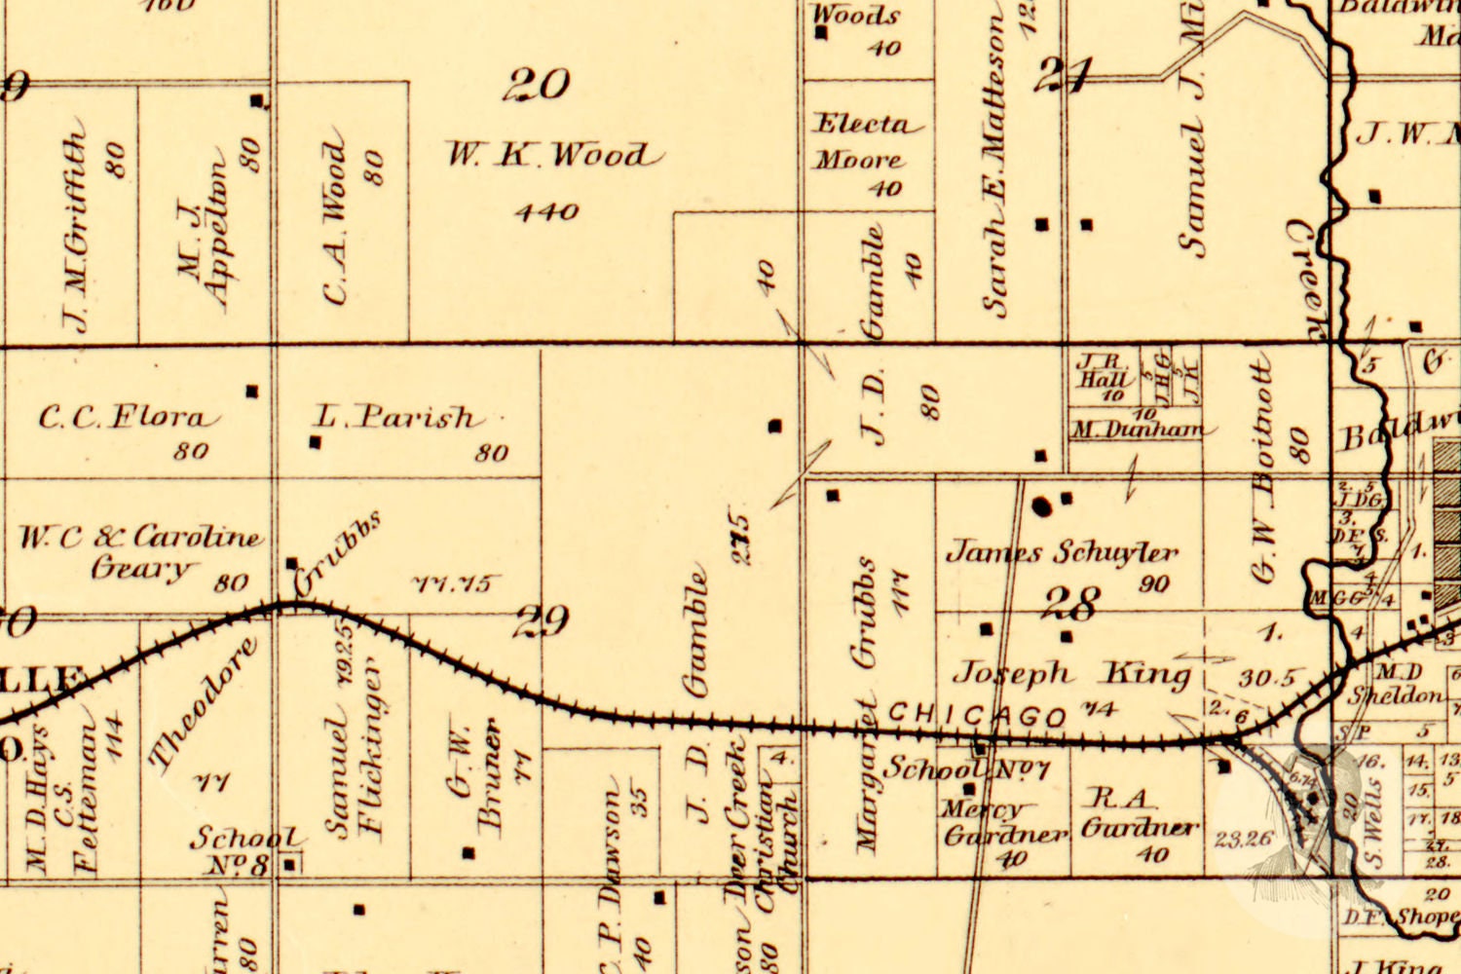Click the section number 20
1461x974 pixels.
pos(536,86)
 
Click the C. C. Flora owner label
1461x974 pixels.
pos(123,419)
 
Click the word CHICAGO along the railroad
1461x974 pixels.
pos(977,716)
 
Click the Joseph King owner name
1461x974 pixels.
pos(1071,673)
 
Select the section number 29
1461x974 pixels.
pos(542,620)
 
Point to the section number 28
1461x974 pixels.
pos(1071,604)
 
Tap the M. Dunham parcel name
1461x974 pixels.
pos(1137,429)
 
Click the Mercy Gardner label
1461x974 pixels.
pos(1003,823)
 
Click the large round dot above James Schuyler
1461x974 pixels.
pos(1042,506)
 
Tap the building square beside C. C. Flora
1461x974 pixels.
pos(252,392)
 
